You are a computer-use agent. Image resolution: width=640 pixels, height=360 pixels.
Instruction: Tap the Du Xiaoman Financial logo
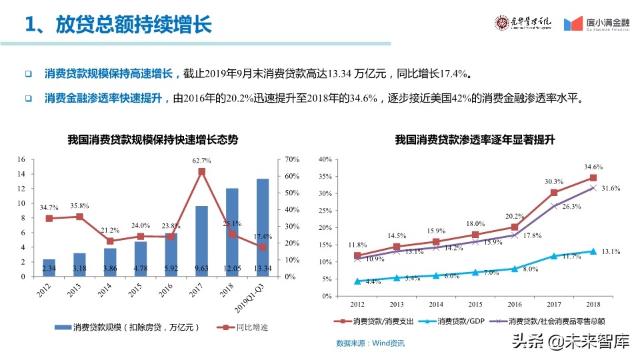tap(597, 24)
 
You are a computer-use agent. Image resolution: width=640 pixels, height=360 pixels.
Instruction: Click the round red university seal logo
tap(501, 23)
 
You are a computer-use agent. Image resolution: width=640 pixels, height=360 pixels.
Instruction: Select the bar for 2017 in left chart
tap(201, 241)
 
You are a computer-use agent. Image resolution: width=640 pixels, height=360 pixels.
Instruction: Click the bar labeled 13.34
tap(263, 227)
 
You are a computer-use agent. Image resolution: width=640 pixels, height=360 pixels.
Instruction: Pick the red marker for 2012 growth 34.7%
tap(49, 218)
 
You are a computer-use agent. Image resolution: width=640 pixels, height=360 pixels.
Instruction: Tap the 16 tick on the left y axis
tap(21, 159)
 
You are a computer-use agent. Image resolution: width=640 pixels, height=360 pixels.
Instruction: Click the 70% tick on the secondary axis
tap(292, 160)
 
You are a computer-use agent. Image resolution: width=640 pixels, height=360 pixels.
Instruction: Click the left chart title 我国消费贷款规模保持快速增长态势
tap(153, 140)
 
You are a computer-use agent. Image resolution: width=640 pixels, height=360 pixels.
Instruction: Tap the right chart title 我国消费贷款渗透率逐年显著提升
tap(475, 140)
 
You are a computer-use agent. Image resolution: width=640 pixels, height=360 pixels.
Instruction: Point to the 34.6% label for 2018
tap(593, 167)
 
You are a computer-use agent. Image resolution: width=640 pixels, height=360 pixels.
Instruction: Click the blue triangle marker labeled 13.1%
tap(592, 251)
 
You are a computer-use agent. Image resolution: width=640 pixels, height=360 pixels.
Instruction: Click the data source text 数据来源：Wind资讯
tap(370, 343)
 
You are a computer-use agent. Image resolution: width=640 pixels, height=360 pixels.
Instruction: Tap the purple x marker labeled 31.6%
tap(592, 188)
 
